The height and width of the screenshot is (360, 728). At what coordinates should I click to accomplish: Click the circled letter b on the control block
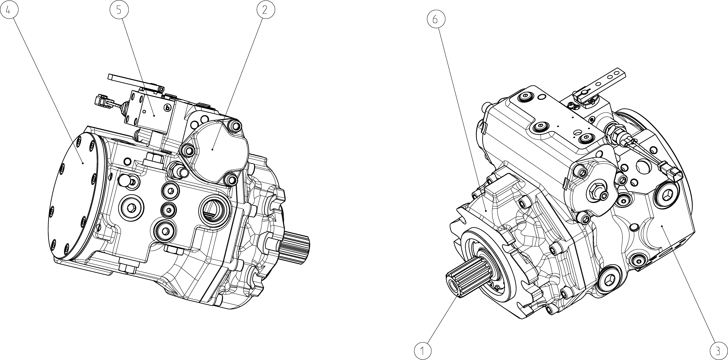(168, 107)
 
